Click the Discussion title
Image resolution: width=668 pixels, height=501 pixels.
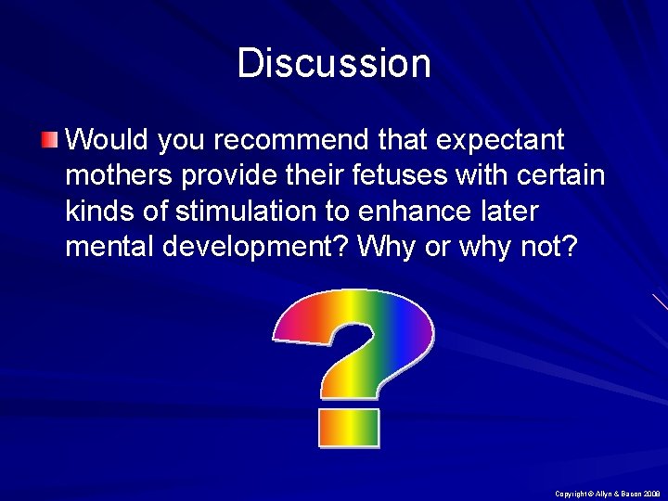point(334,63)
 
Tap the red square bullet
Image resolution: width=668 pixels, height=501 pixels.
point(49,140)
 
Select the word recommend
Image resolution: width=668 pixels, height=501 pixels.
point(262,141)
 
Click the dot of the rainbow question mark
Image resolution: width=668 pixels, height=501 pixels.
point(349,428)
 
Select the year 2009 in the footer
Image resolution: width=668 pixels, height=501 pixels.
point(649,494)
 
